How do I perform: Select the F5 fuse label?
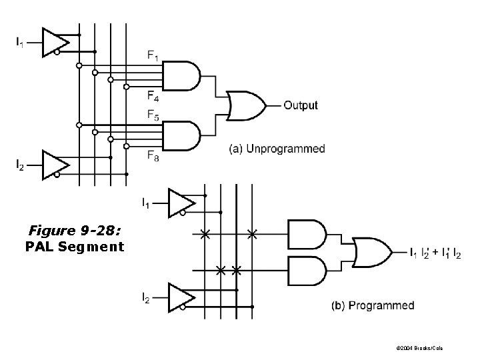click(x=153, y=115)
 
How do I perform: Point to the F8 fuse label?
click(x=153, y=156)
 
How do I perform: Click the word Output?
click(x=301, y=105)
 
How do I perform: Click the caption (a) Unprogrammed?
click(x=277, y=149)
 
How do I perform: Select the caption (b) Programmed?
click(x=373, y=306)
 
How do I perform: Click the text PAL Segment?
click(x=75, y=247)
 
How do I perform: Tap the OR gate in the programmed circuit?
click(x=373, y=252)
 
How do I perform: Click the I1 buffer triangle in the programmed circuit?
click(x=180, y=203)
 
